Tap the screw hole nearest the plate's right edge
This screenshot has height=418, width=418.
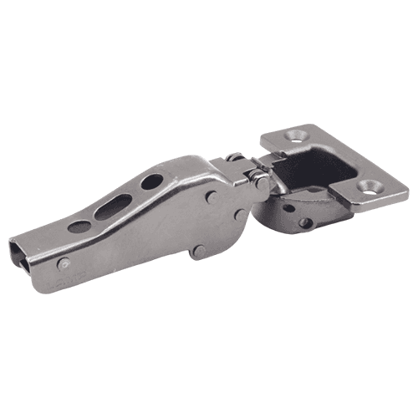tap(369, 186)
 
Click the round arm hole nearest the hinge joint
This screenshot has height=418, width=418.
tap(152, 181)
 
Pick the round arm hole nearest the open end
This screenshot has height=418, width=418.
tap(79, 227)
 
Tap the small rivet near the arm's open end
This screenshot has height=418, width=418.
tap(64, 263)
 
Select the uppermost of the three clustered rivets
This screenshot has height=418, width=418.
tap(212, 198)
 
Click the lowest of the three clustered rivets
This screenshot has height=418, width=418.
tap(197, 252)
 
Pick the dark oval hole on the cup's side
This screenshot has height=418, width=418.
tap(288, 208)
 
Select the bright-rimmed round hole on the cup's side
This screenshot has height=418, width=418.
tap(306, 223)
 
